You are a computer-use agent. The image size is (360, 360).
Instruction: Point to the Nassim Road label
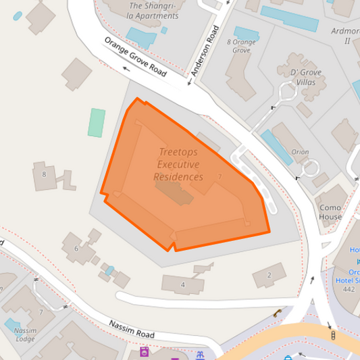point(132,330)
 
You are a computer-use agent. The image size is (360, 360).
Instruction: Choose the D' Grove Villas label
point(297,78)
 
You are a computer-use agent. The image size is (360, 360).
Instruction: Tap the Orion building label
point(300,152)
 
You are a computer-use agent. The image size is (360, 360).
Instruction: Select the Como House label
point(330,212)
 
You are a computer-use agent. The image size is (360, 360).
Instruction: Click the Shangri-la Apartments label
point(153,11)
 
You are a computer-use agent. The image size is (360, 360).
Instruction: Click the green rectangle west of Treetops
point(97,122)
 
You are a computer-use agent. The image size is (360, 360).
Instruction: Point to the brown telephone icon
point(278,312)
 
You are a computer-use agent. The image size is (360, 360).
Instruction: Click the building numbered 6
point(76,249)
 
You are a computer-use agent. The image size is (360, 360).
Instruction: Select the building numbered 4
point(182,284)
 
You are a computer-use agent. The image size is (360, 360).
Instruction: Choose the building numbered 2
point(269,275)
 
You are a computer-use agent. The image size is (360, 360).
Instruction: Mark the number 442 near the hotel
point(349,289)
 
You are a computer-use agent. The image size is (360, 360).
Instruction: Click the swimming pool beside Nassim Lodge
point(14,326)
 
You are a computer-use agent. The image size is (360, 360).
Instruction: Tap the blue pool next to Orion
point(277,147)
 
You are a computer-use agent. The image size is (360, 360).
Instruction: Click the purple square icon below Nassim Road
point(144,352)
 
